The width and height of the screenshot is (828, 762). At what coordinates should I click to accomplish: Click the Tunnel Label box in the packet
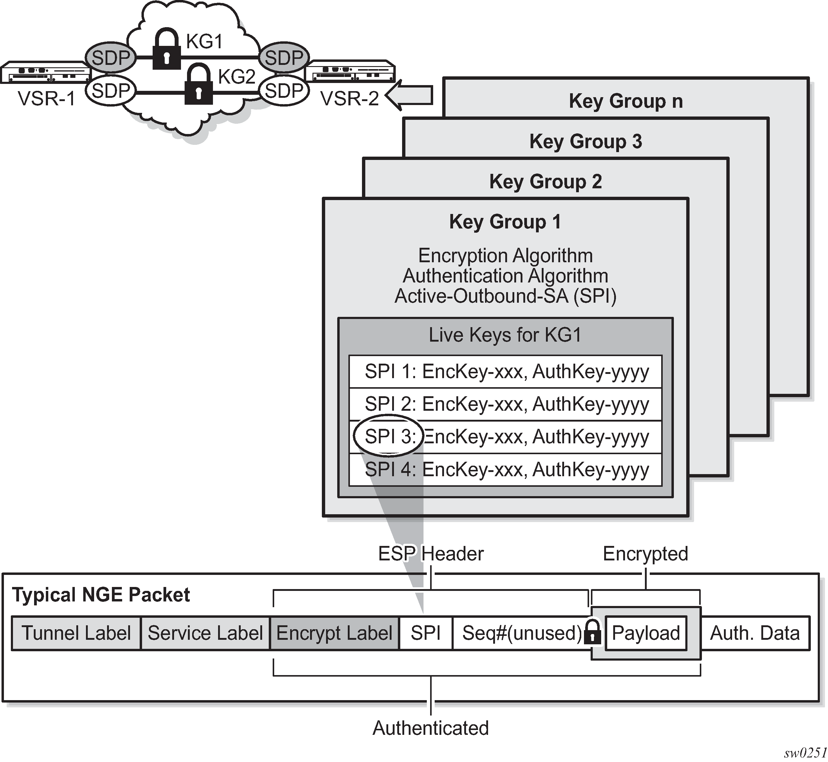coord(76,633)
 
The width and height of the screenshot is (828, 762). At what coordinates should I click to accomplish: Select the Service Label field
coord(205,633)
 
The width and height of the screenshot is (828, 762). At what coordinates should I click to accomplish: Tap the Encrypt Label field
coord(334,633)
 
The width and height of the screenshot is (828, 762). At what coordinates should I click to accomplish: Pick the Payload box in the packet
coord(646,633)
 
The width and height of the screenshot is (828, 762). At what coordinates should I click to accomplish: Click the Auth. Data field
coord(755,633)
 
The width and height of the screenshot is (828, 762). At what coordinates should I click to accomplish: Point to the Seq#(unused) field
coord(521,633)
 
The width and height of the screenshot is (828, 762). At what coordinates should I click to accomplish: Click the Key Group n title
coord(626,101)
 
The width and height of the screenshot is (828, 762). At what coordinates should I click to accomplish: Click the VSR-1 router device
coord(45,73)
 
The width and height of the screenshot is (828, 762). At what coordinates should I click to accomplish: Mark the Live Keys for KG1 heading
coord(505,335)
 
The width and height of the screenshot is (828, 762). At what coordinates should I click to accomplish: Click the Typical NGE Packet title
coord(101,595)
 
